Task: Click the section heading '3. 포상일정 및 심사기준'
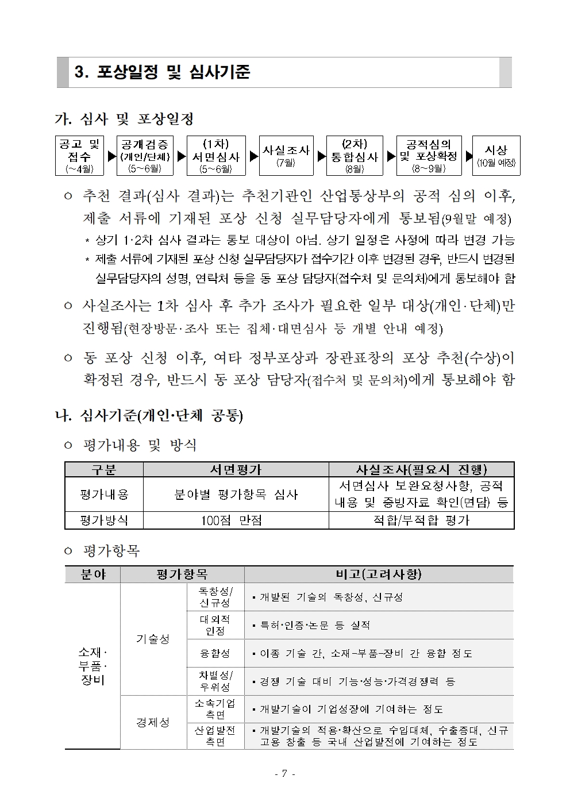pos(163,72)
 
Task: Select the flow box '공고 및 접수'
pos(79,155)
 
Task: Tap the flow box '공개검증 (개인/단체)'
pos(145,155)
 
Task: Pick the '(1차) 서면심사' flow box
pos(216,155)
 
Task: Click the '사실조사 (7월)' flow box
pos(286,155)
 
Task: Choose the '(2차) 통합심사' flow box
pos(355,155)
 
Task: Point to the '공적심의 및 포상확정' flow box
pos(429,155)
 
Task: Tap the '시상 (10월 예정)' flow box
pos(496,155)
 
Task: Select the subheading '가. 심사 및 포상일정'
pos(124,119)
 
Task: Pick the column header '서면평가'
pos(236,469)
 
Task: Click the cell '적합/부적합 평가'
pos(421,520)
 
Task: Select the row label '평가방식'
pos(104,520)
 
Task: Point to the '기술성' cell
pos(153,639)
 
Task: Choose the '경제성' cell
pos(153,722)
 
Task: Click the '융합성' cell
pos(215,653)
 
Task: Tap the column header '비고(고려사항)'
pos(378,574)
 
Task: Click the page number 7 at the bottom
pos(285,773)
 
